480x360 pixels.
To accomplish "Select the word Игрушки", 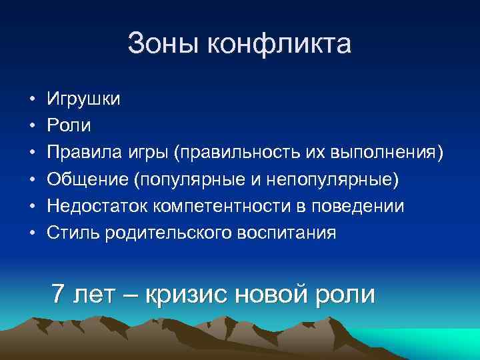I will point(84,100).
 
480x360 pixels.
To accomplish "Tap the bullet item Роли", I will point(69,126).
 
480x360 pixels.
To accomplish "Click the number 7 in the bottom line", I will point(59,293).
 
